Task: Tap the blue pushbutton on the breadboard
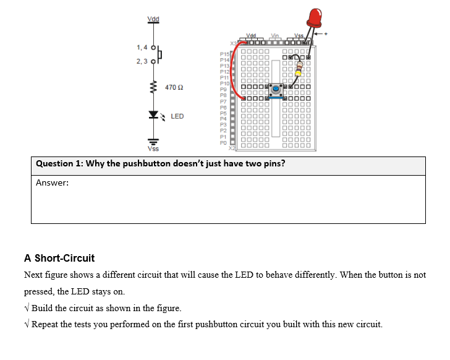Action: point(275,90)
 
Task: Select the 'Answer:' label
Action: point(52,182)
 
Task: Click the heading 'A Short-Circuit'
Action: point(59,258)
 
